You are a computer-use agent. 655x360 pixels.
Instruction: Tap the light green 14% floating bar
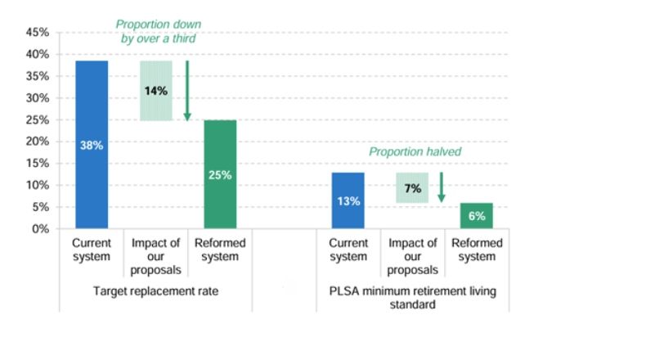[156, 91]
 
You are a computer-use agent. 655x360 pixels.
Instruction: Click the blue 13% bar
[348, 200]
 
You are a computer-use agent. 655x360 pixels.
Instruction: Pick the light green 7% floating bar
[412, 188]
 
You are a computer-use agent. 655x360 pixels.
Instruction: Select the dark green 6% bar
[477, 216]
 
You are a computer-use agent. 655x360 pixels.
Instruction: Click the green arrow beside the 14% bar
[187, 90]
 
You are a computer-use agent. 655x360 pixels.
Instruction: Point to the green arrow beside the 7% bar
[442, 187]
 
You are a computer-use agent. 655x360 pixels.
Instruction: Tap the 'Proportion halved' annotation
[415, 151]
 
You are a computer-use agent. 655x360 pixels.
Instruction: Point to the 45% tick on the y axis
[38, 33]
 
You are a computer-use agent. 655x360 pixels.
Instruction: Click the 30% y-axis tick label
[38, 98]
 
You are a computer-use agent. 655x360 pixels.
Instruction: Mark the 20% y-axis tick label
[38, 142]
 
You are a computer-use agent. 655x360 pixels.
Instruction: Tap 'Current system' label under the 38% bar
[92, 250]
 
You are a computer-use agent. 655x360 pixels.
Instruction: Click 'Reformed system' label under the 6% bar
[477, 250]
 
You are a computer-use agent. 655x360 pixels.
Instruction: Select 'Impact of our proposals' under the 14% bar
[156, 257]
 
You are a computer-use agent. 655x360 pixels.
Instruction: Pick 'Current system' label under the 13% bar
[348, 250]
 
